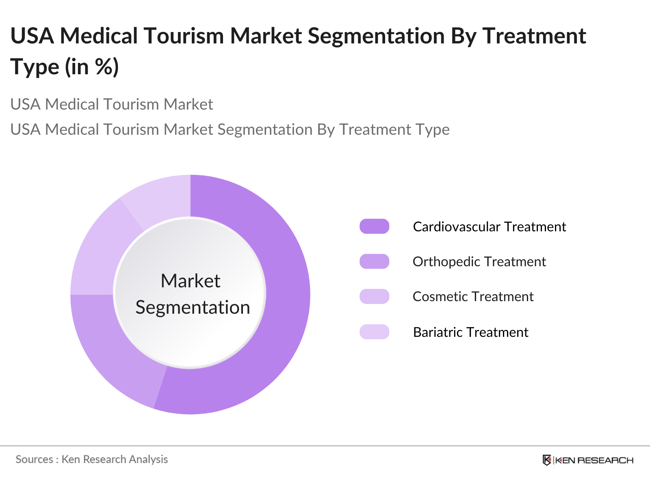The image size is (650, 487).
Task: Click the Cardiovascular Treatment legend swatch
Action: click(x=374, y=226)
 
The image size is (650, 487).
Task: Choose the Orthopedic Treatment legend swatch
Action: click(x=374, y=261)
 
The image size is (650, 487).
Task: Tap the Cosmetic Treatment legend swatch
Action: click(x=374, y=296)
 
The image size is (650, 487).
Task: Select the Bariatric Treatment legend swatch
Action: click(x=374, y=332)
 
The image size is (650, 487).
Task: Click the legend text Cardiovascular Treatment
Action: click(x=489, y=226)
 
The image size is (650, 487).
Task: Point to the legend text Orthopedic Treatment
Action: click(x=479, y=261)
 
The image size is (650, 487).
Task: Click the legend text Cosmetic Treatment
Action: click(x=473, y=296)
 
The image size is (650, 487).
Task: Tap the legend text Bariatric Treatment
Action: click(x=470, y=332)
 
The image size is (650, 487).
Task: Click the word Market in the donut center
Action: click(x=190, y=281)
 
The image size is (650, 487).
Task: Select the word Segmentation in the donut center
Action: click(x=193, y=307)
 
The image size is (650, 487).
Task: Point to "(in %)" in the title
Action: click(x=92, y=67)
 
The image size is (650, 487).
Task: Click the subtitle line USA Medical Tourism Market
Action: click(x=112, y=104)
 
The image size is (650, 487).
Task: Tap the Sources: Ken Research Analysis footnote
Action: click(x=92, y=459)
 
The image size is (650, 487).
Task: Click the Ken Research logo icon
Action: click(x=547, y=460)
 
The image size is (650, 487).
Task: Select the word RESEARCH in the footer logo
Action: click(x=605, y=460)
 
